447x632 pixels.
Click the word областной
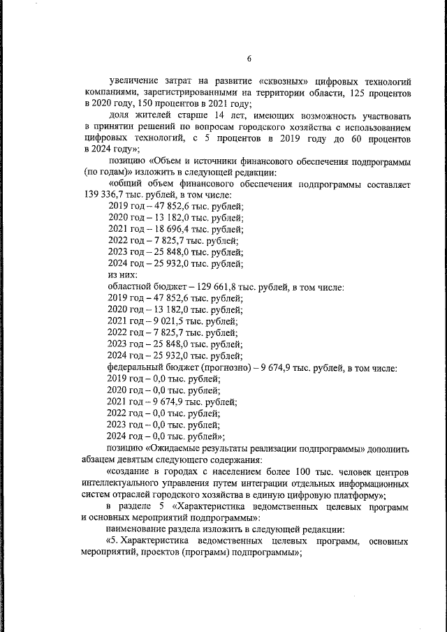[x=135, y=286]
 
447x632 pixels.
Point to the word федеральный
[x=138, y=367]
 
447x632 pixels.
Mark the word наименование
[x=142, y=529]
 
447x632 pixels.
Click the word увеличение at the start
[x=137, y=82]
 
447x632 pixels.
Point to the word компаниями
[x=110, y=93]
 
